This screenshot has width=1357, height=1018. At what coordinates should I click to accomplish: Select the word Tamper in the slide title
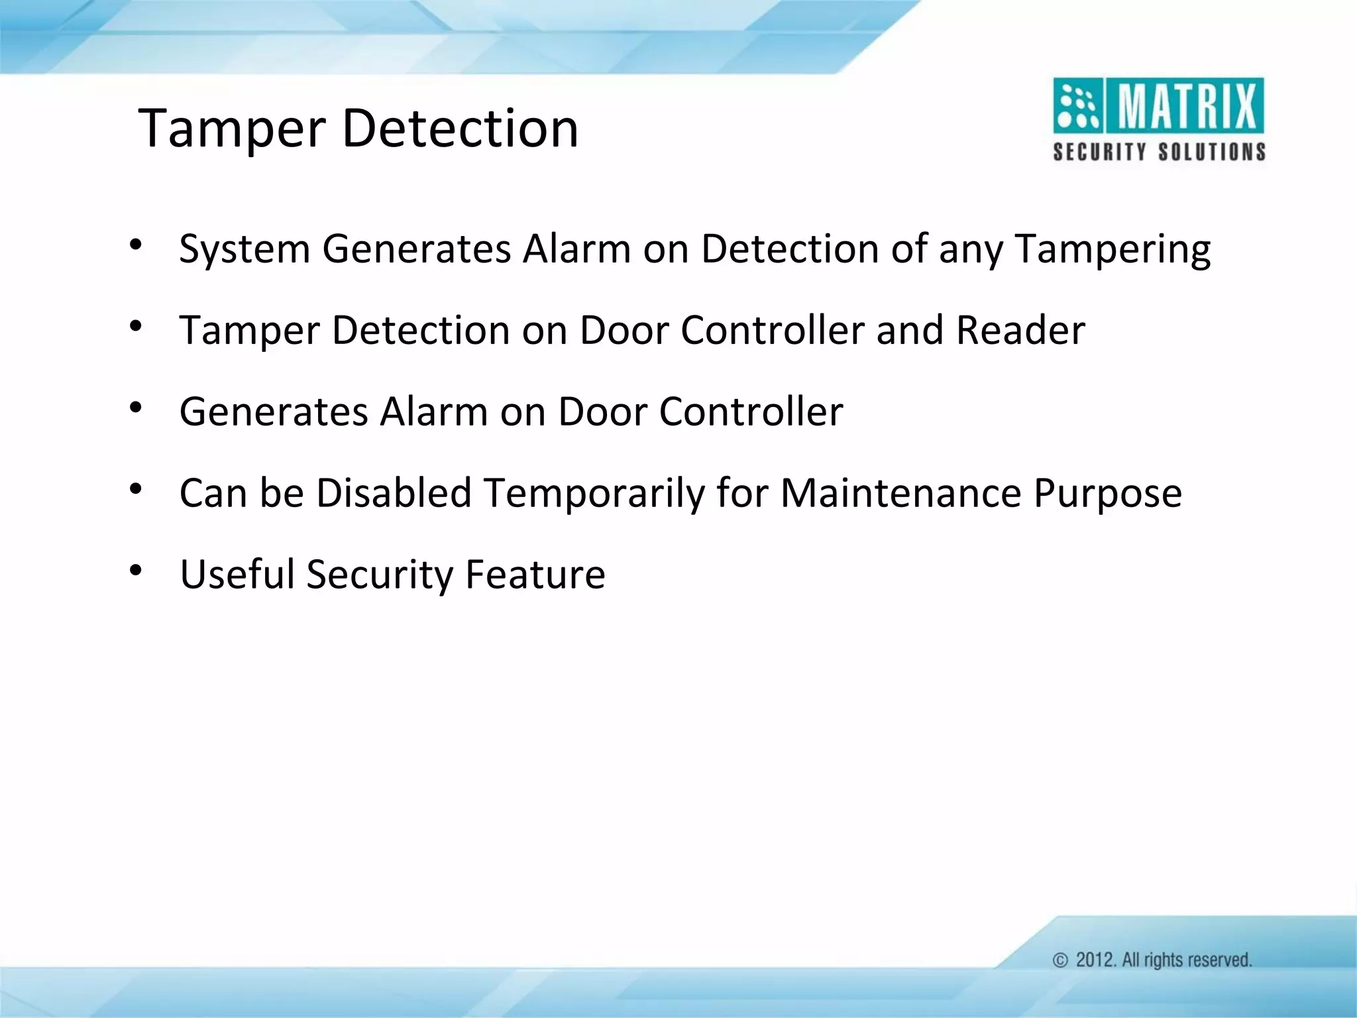(231, 129)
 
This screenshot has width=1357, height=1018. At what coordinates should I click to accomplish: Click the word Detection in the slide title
(460, 128)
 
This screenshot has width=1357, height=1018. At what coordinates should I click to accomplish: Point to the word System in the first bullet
(244, 250)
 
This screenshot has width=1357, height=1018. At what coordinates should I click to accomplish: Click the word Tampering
(1113, 250)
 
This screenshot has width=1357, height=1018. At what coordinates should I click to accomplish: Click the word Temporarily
(593, 493)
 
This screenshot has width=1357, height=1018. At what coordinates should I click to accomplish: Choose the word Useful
(237, 574)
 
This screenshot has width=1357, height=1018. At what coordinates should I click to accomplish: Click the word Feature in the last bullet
(535, 574)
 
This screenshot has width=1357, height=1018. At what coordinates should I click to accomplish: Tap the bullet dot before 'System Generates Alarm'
(136, 245)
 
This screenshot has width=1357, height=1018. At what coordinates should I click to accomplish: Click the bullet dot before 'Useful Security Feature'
(136, 570)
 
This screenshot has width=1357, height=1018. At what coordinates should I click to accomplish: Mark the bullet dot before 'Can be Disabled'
(136, 489)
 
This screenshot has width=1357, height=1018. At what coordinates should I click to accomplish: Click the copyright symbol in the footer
(1060, 960)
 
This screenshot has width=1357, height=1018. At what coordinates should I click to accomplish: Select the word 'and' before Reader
(910, 330)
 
